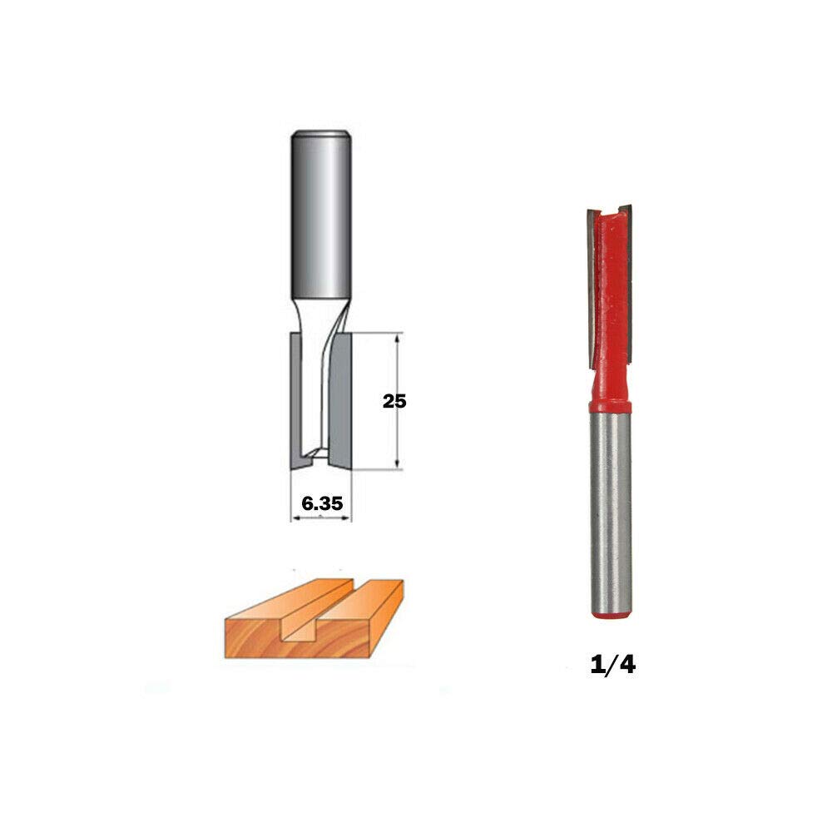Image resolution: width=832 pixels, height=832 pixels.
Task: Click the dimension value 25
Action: click(394, 401)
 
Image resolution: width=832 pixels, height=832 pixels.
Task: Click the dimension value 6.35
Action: click(322, 503)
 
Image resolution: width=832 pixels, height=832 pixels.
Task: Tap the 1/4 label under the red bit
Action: click(613, 664)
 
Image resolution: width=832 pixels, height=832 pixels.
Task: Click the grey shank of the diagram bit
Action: click(321, 215)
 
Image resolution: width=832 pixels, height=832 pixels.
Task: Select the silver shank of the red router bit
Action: click(611, 512)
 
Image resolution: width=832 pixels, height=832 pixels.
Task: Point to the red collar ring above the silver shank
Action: click(610, 407)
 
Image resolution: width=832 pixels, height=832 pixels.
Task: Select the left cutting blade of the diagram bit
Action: click(296, 401)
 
